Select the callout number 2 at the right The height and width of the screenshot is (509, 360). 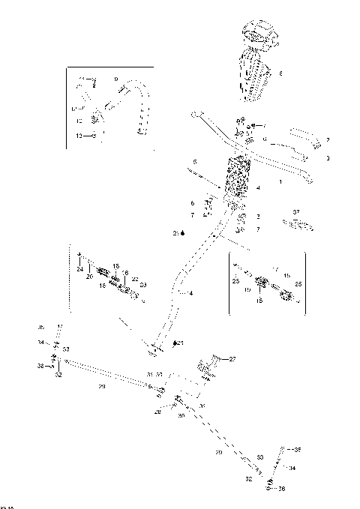(328, 140)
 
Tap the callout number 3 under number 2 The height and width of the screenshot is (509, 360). (328, 158)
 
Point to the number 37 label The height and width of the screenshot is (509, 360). (296, 212)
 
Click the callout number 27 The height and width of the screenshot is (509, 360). (232, 360)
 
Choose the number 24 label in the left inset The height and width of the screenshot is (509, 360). (79, 268)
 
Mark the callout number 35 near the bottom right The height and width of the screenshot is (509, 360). (297, 450)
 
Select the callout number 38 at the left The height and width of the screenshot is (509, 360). (40, 365)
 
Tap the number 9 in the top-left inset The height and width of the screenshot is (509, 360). (115, 78)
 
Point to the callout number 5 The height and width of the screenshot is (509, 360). (194, 162)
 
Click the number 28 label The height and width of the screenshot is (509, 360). (158, 412)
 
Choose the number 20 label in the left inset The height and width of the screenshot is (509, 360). (90, 277)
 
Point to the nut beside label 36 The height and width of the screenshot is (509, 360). (269, 488)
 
